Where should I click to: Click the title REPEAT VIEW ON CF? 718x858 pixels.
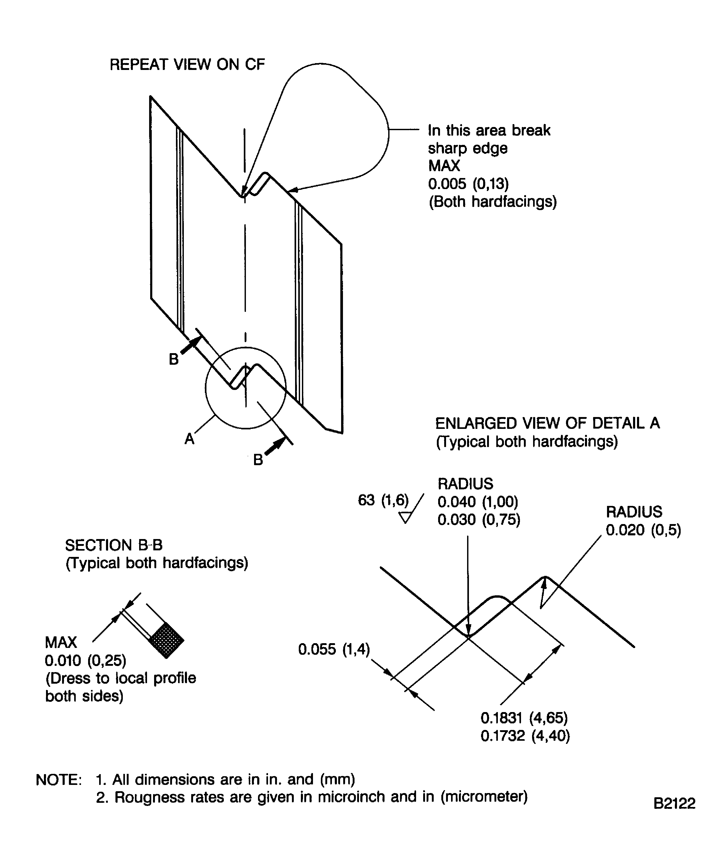tap(187, 65)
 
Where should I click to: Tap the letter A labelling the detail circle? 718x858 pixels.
tap(189, 439)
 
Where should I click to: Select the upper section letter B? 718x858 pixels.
tap(174, 359)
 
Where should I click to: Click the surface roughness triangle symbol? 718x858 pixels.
tap(405, 518)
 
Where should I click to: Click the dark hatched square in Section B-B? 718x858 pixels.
tap(166, 640)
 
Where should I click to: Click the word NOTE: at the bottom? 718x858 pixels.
tap(59, 780)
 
